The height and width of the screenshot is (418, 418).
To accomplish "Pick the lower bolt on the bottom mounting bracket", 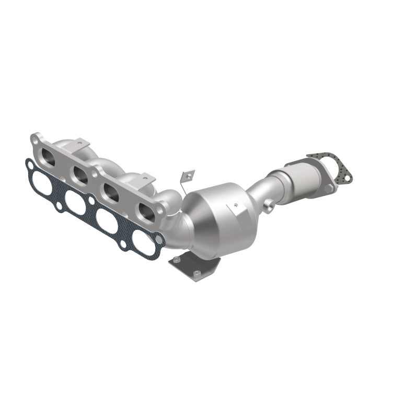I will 199,274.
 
